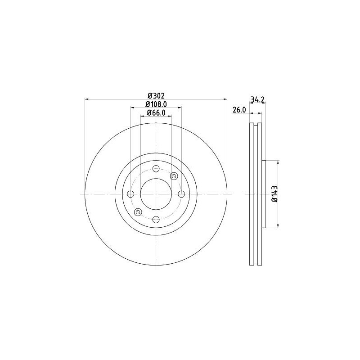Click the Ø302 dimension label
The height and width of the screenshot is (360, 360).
156,95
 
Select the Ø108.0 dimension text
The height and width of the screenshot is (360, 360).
156,104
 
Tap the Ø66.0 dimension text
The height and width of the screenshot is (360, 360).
156,113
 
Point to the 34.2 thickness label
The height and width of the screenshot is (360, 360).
256,100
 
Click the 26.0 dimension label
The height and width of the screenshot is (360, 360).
238,110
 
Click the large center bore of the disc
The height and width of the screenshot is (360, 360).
156,194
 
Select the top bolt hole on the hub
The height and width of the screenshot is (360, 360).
156,169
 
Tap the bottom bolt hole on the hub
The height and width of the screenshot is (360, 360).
156,219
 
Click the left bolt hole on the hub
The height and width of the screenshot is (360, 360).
130,194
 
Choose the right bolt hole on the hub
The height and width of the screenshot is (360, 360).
181,194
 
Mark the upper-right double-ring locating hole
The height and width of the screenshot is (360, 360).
174,176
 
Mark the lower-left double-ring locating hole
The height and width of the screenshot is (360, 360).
138,212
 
